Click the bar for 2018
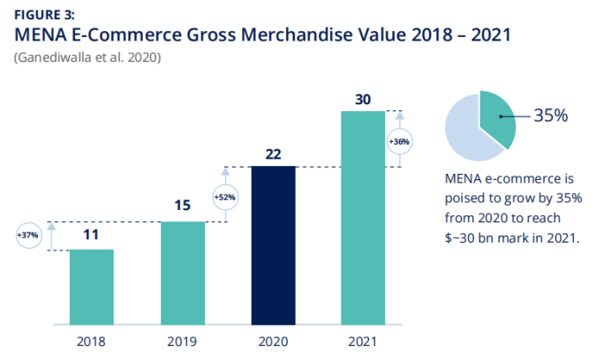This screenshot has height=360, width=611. [92, 288]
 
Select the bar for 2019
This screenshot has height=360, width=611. [183, 274]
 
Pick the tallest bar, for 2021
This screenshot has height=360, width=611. [363, 218]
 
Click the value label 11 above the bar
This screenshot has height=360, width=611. [92, 236]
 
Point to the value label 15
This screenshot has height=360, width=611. [183, 207]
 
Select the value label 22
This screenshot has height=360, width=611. [273, 153]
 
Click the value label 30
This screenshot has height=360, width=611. [363, 98]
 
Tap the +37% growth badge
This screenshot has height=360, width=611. [28, 236]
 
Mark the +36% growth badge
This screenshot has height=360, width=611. [398, 141]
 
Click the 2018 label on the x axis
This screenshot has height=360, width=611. [92, 340]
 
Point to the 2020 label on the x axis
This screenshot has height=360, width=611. [273, 340]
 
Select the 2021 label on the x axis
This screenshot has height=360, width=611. [363, 340]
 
